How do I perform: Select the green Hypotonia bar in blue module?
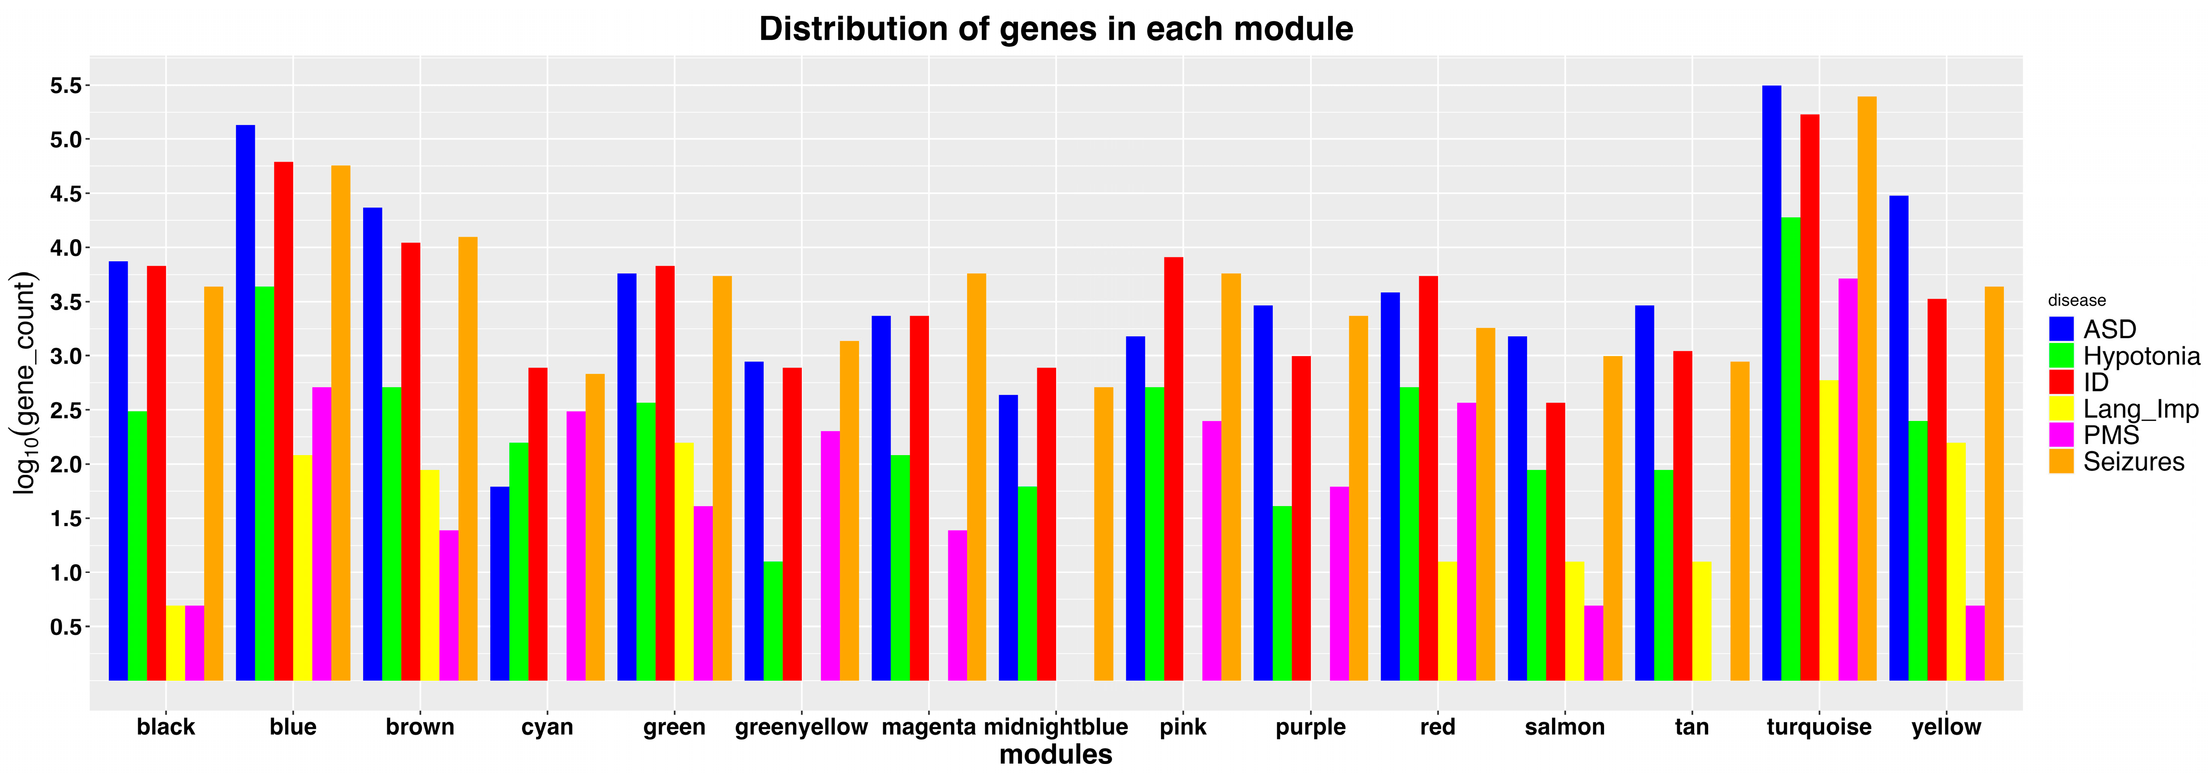point(264,484)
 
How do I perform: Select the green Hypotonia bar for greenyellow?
point(773,621)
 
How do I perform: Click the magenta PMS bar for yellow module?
point(1975,642)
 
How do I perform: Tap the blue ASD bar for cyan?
point(500,583)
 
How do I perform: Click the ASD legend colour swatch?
point(2061,330)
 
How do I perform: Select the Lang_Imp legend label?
point(2140,409)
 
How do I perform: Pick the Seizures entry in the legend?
point(2133,462)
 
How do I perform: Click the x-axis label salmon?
point(1564,727)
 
